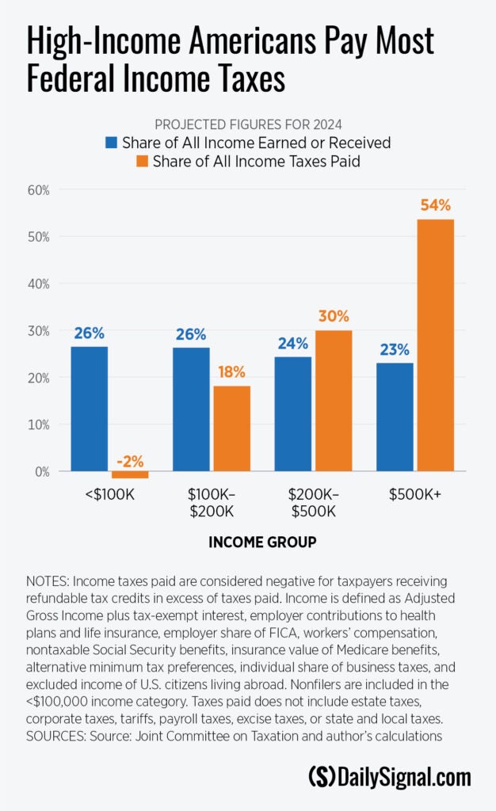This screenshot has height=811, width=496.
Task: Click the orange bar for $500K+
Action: [x=435, y=345]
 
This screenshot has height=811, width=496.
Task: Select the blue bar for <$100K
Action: [x=90, y=409]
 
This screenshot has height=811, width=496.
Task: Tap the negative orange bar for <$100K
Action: [x=130, y=475]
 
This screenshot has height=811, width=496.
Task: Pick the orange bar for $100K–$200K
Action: [x=231, y=428]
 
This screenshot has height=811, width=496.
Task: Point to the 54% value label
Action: [x=435, y=206]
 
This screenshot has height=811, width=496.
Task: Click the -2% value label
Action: [x=129, y=462]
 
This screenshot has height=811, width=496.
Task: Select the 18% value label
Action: [x=231, y=371]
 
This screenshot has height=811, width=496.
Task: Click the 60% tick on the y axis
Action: [x=38, y=190]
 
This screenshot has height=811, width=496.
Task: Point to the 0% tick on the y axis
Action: [x=41, y=471]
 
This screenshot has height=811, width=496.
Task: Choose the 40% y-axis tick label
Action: [x=38, y=284]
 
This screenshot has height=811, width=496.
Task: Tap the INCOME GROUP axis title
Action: [x=262, y=543]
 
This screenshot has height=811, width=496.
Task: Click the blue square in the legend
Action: [x=112, y=143]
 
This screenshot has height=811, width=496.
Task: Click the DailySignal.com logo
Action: [x=389, y=776]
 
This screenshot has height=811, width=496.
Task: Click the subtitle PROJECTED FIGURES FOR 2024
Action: [x=248, y=124]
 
